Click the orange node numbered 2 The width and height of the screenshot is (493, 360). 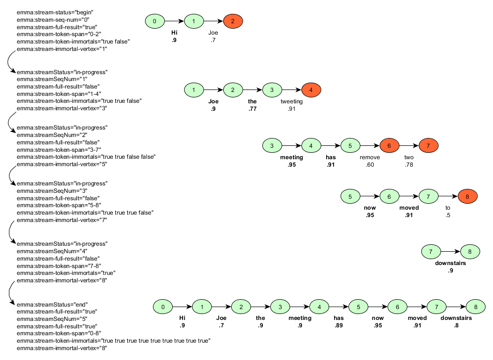point(233,21)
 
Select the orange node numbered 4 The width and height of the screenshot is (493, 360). point(311,90)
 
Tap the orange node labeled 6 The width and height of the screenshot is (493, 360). point(389,146)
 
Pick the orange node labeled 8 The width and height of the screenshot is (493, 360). point(467,196)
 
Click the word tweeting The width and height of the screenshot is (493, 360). point(291,102)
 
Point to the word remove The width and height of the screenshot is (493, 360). point(369,158)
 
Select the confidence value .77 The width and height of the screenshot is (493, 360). point(252,109)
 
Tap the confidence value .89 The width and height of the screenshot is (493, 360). point(338,325)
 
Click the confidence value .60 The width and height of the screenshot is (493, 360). point(369,165)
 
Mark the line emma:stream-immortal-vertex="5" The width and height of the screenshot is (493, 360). point(62,164)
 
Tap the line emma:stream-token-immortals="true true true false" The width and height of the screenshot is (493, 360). point(85,213)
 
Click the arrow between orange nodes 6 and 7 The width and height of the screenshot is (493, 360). point(409,146)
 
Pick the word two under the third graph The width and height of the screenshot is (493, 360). point(409,158)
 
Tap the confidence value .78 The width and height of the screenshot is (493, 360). point(409,165)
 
